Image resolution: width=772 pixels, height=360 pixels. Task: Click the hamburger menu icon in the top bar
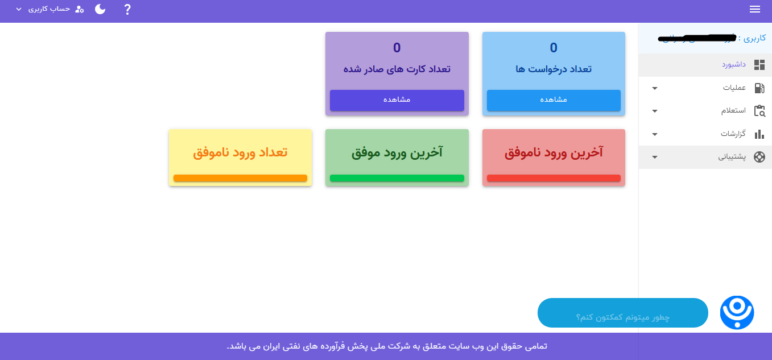pyautogui.click(x=755, y=9)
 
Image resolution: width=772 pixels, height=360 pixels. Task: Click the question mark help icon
pyautogui.click(x=127, y=9)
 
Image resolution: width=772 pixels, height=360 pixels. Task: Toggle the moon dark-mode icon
pyautogui.click(x=100, y=9)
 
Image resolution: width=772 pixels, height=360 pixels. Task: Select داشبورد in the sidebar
pyautogui.click(x=733, y=65)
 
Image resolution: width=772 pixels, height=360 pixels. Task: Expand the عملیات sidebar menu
pyautogui.click(x=734, y=88)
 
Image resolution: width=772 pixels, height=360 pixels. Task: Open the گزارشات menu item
pyautogui.click(x=733, y=134)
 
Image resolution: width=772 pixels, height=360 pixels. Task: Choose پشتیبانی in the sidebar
pyautogui.click(x=731, y=157)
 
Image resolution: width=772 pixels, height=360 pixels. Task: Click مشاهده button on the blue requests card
pyautogui.click(x=553, y=100)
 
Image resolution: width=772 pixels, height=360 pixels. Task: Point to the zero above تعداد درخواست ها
pyautogui.click(x=554, y=48)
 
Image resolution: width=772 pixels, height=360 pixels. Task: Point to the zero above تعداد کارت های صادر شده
pyautogui.click(x=397, y=48)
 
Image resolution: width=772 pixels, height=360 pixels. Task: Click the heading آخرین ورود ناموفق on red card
pyautogui.click(x=554, y=152)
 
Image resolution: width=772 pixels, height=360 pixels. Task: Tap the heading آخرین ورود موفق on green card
pyautogui.click(x=397, y=152)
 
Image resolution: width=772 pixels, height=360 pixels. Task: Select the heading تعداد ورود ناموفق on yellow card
pyautogui.click(x=240, y=152)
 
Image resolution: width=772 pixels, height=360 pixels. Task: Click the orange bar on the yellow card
pyautogui.click(x=240, y=179)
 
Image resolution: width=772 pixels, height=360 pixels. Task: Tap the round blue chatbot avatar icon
pyautogui.click(x=737, y=312)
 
